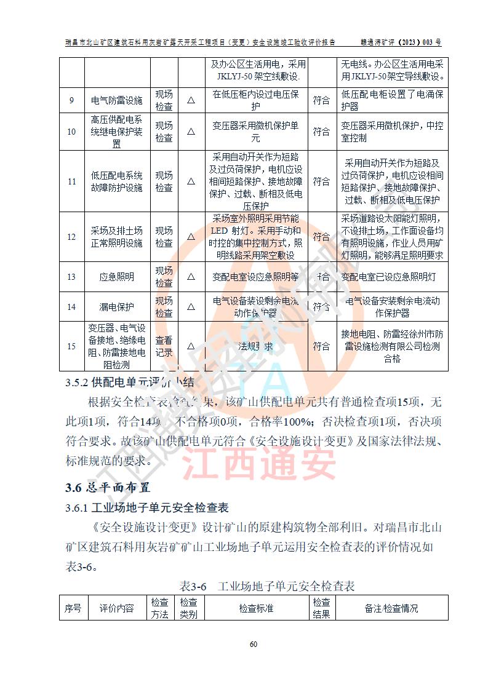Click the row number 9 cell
pos(71,100)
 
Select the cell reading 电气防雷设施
pos(116,100)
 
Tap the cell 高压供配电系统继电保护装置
pos(116,132)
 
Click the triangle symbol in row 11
pos(191,181)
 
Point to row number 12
pos(71,237)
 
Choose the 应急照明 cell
pos(116,277)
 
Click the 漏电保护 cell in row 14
pos(116,306)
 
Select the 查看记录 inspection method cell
pos(164,346)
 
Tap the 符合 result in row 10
pos(321,132)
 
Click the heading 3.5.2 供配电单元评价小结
pos(130,383)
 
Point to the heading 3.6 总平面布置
pos(108,488)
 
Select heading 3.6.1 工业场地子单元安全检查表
pos(147,508)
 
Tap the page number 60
pos(253,644)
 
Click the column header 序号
pos(73,608)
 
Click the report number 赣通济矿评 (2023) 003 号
pos(401,43)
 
